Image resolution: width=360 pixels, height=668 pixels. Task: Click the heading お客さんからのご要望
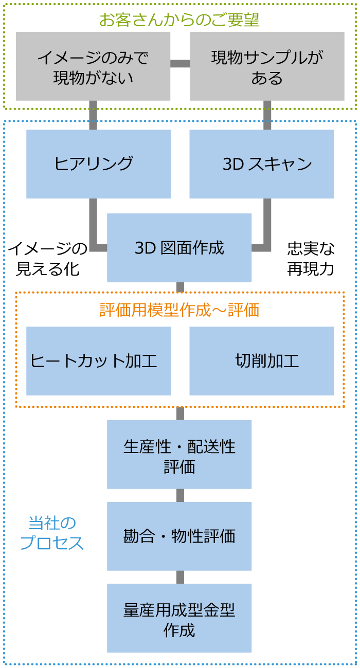pos(179,20)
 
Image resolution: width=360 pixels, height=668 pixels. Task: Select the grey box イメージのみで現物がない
pos(93,66)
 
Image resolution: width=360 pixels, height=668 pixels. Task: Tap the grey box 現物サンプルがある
pos(267,66)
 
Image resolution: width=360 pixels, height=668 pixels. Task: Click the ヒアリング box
pos(98,164)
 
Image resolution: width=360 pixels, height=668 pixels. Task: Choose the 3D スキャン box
pos(261,164)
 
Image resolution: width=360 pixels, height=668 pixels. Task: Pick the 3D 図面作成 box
pos(179,248)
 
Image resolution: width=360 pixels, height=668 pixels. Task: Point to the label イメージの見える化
pos(48,259)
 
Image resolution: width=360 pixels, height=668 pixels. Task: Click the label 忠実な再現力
pos(311,259)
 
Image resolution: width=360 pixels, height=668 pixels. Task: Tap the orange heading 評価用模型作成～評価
pos(179,310)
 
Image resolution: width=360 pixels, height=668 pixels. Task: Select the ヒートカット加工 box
pos(98,361)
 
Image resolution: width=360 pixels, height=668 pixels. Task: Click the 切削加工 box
pos(261,361)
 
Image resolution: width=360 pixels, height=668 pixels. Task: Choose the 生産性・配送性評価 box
pos(179,454)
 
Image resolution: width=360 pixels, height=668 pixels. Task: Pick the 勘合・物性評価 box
pos(179,536)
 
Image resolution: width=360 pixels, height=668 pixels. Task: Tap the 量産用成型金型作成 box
pos(179,618)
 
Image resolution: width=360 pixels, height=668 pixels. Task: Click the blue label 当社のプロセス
pos(52,533)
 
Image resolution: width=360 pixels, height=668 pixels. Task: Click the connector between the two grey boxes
pos(180,64)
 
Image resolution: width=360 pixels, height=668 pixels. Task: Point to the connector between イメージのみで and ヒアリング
pos(93,115)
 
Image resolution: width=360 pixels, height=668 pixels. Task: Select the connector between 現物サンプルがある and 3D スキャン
pos(267,115)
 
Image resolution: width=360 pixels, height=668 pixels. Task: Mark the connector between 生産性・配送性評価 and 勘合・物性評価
pos(180,495)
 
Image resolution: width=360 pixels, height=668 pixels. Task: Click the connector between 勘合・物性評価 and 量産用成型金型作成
pos(180,577)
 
